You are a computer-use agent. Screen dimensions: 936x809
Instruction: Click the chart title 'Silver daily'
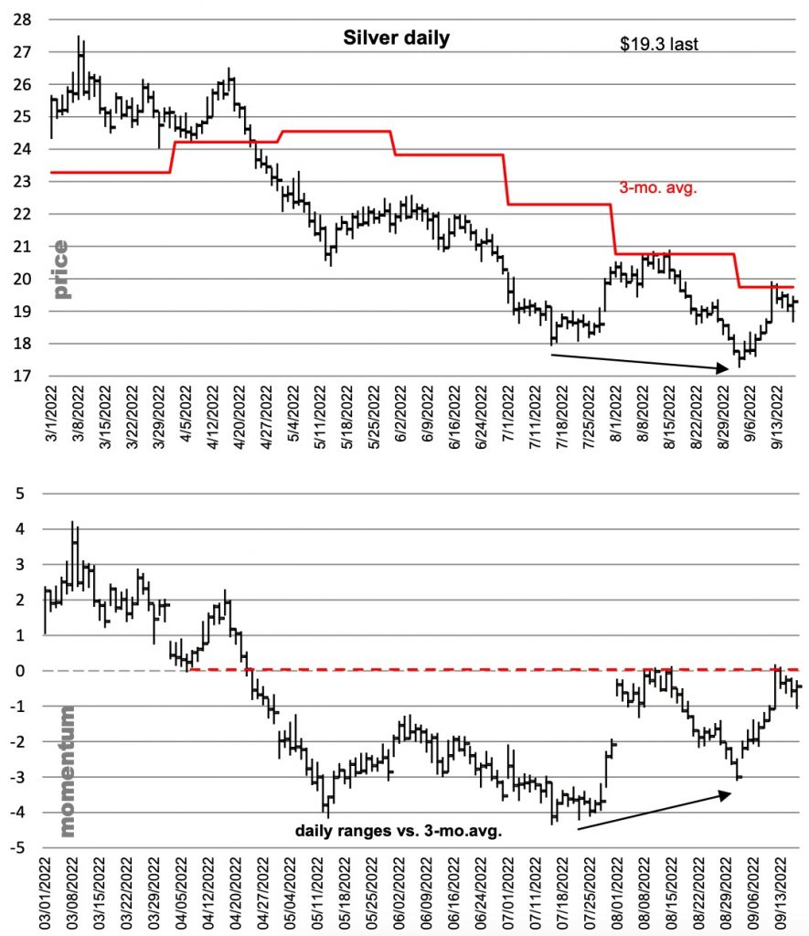pyautogui.click(x=396, y=37)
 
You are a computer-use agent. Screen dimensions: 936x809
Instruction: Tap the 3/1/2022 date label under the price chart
pyautogui.click(x=52, y=416)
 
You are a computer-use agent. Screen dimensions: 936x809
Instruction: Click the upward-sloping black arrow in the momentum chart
pyautogui.click(x=655, y=811)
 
